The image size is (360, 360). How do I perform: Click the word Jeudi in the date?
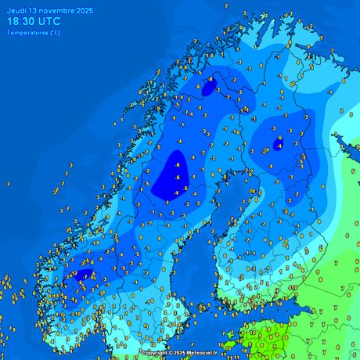coord(15,9)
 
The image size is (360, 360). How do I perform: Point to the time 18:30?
coord(22,21)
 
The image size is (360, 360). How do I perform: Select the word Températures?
coord(26,33)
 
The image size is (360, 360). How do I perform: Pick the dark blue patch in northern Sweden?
coord(208,87)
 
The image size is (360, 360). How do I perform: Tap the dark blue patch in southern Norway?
coord(84,275)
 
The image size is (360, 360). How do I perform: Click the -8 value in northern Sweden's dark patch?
coord(211,80)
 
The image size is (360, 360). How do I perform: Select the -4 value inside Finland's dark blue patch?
coord(279,143)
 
